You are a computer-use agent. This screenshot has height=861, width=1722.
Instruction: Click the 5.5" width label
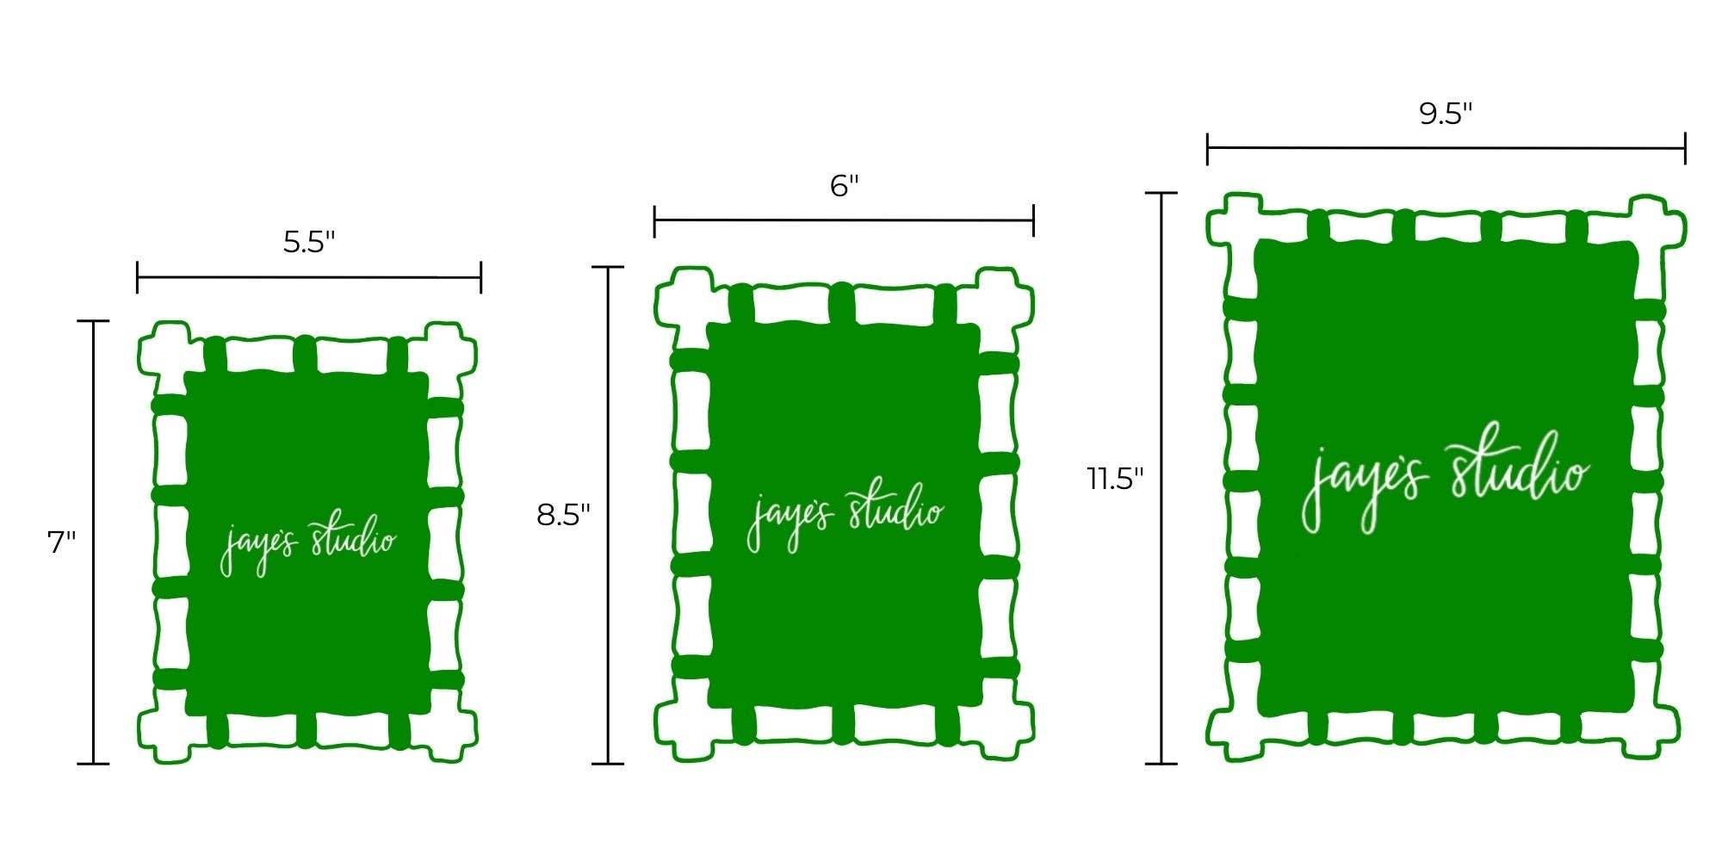tap(309, 243)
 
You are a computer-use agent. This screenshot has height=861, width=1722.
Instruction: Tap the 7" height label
tap(61, 542)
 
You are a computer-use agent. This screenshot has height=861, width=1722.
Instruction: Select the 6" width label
tap(845, 185)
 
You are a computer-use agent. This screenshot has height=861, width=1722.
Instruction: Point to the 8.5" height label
tap(563, 515)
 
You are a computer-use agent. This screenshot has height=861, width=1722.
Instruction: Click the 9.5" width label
tap(1446, 114)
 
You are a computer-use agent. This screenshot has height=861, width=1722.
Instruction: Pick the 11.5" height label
tap(1115, 478)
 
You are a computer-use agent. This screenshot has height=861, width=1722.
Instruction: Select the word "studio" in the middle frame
tap(895, 510)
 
